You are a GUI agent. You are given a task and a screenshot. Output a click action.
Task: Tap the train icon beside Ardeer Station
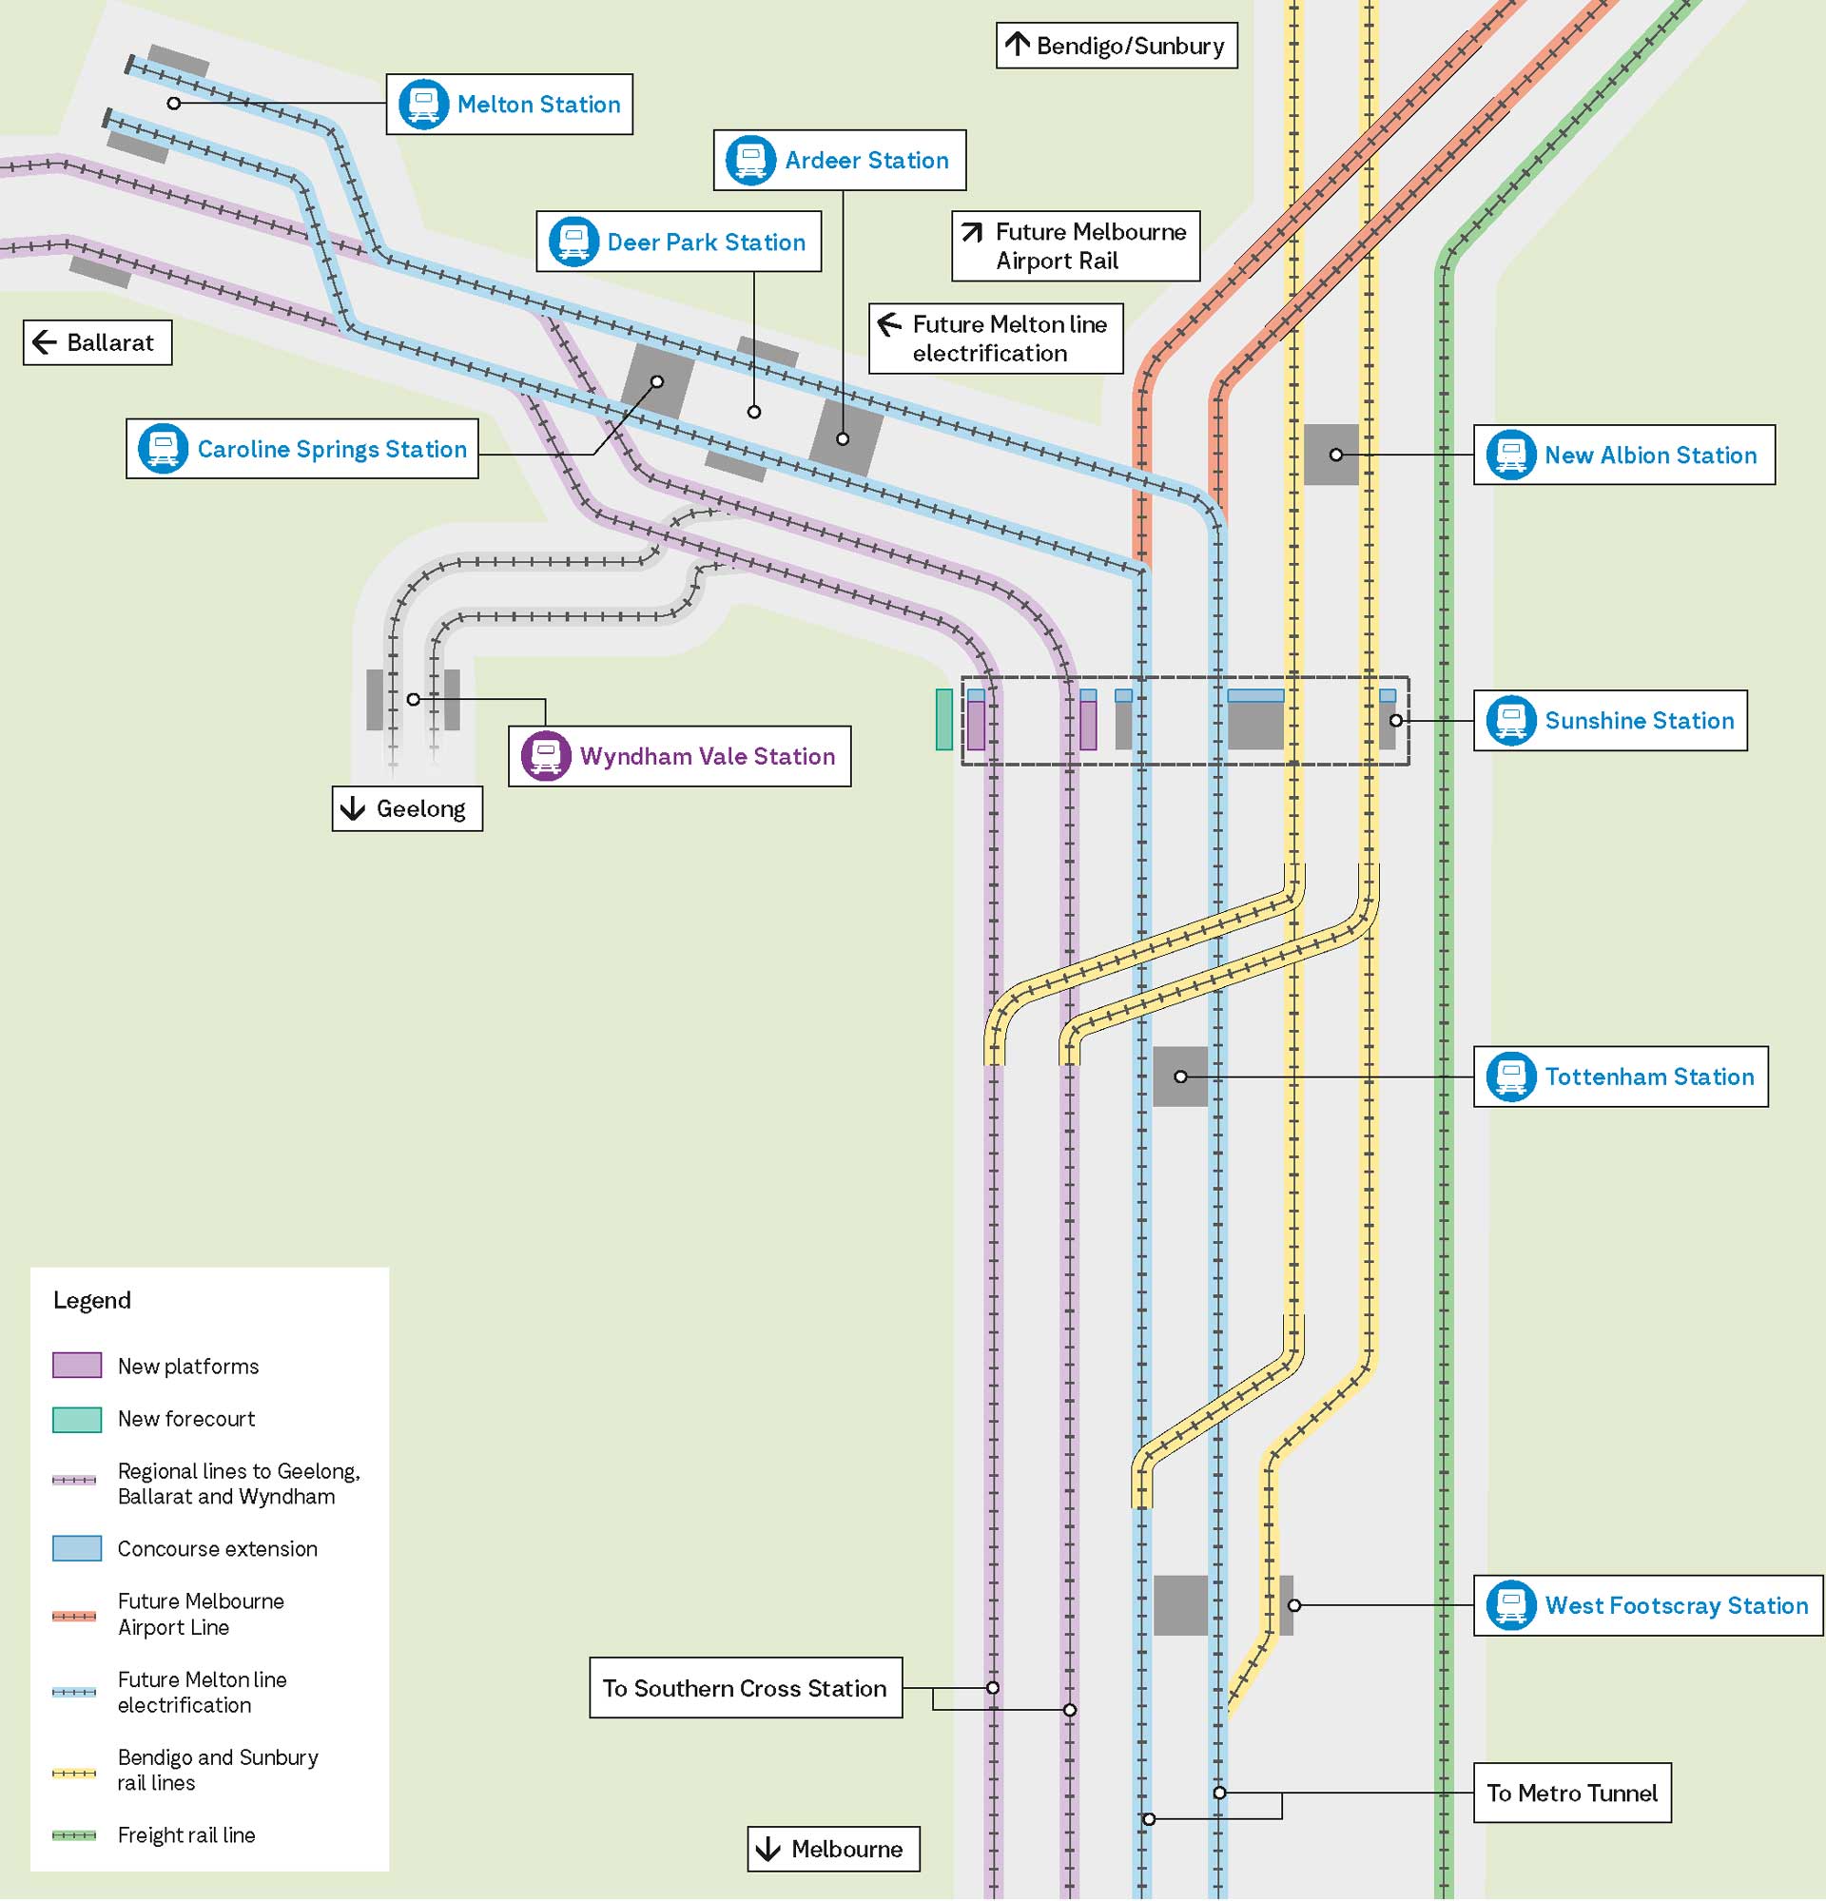click(749, 160)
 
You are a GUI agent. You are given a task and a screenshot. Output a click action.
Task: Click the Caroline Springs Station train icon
click(163, 449)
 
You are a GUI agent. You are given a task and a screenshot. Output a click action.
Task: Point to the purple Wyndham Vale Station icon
click(546, 757)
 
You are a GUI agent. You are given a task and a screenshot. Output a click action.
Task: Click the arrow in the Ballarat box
click(45, 342)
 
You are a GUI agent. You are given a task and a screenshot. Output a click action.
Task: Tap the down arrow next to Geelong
click(353, 809)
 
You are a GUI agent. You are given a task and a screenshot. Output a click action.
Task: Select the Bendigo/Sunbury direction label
click(1117, 46)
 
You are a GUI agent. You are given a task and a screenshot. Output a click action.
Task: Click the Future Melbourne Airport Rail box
click(1076, 246)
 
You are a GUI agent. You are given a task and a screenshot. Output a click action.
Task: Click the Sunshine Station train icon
click(1511, 721)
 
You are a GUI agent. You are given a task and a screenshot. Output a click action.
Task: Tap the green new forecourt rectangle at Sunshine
click(943, 720)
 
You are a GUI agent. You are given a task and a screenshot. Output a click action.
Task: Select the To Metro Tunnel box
click(1572, 1794)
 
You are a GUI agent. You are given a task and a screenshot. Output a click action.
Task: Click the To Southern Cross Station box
click(745, 1689)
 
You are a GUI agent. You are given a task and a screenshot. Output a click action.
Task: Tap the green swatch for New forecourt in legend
click(77, 1420)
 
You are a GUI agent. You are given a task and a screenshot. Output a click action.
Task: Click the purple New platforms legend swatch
click(77, 1367)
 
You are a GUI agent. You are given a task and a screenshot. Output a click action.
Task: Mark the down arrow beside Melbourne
click(768, 1850)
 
